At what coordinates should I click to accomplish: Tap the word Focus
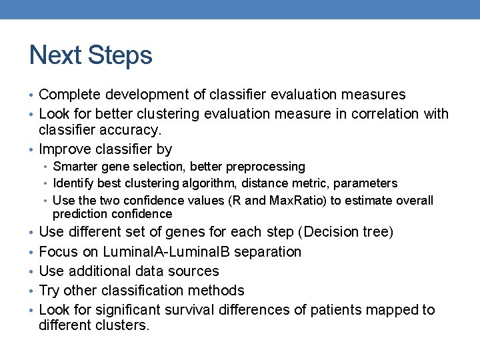[x=58, y=252]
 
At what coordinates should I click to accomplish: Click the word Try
[x=50, y=291]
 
